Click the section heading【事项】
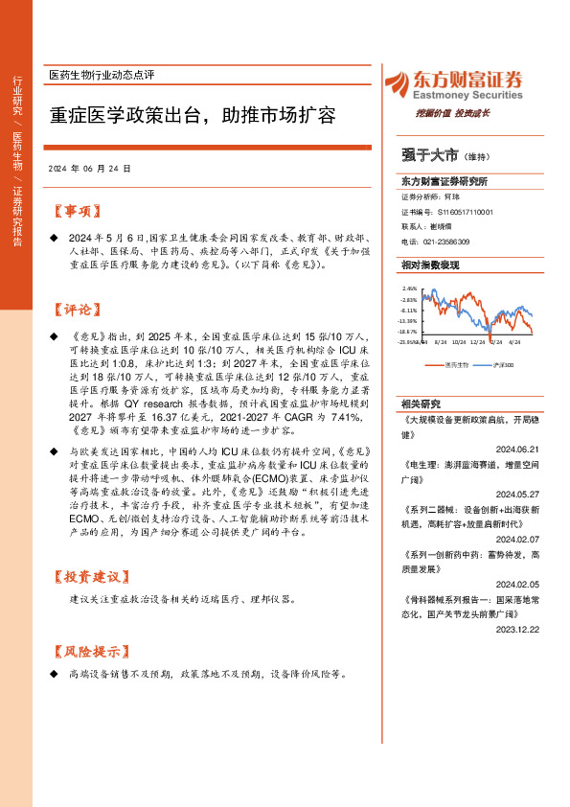pos(74,211)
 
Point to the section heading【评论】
pos(74,310)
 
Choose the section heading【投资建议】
pos(87,577)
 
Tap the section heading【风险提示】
pos(87,651)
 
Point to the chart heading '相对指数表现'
pos(426,264)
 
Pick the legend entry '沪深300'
pos(504,364)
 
